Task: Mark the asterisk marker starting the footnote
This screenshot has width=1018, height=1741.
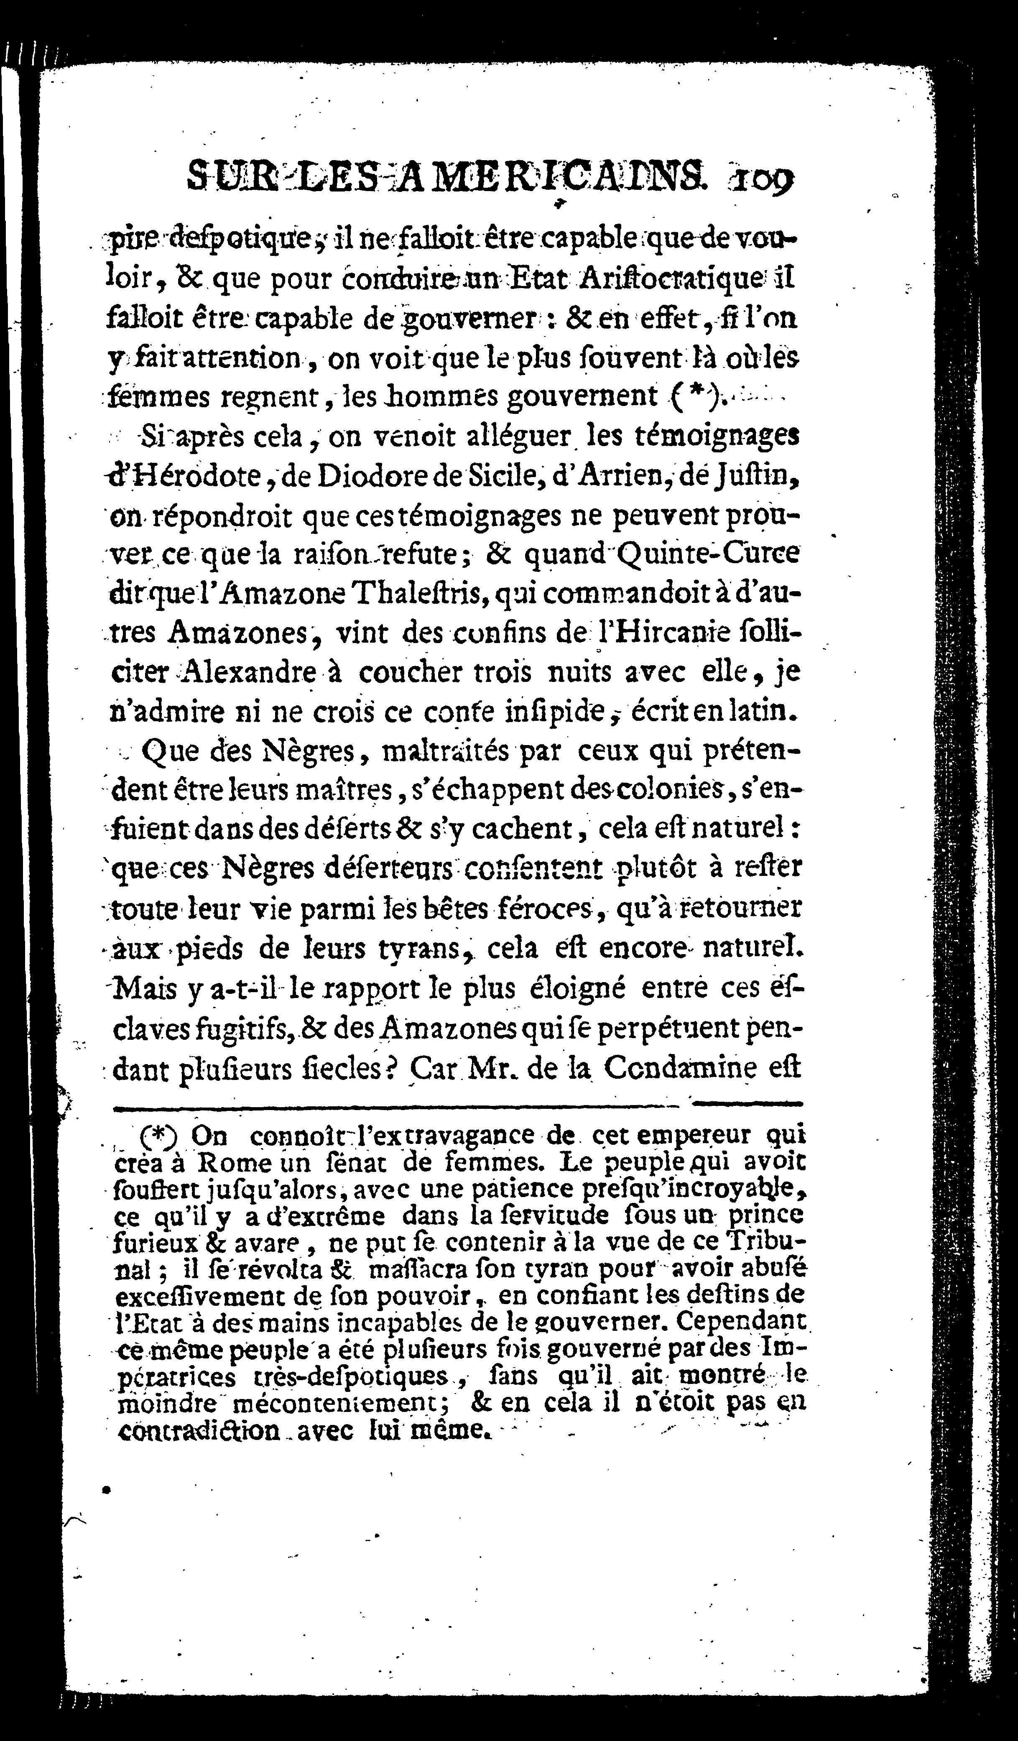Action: [158, 1134]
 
